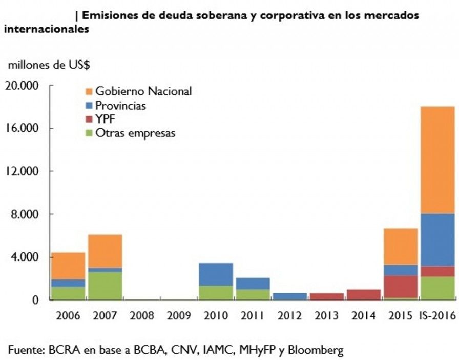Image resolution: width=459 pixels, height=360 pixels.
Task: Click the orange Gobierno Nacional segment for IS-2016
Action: point(437,159)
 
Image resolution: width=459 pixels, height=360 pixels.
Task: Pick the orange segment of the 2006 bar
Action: point(68,266)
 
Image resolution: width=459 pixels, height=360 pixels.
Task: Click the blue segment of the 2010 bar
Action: point(216,274)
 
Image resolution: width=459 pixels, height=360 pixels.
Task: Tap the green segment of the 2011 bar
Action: point(253,294)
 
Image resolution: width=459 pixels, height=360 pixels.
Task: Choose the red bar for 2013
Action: point(326,296)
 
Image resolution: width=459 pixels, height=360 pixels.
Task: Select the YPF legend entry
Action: point(106,119)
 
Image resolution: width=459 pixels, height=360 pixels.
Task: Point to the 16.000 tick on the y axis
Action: point(23,128)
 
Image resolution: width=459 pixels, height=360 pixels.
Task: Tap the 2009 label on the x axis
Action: point(179,316)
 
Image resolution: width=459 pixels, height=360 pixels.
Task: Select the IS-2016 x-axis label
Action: point(437,316)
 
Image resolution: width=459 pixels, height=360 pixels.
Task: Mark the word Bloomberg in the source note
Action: point(315,350)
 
